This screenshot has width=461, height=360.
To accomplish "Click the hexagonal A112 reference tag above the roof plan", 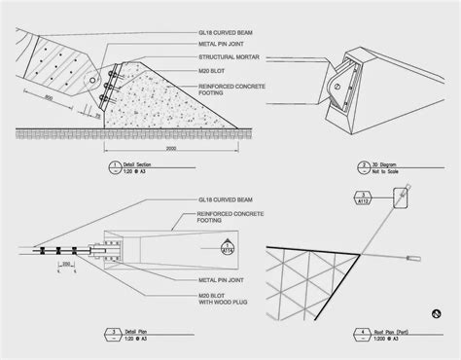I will pos(356,199).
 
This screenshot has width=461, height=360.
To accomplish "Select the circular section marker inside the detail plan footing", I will pos(229,247).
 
